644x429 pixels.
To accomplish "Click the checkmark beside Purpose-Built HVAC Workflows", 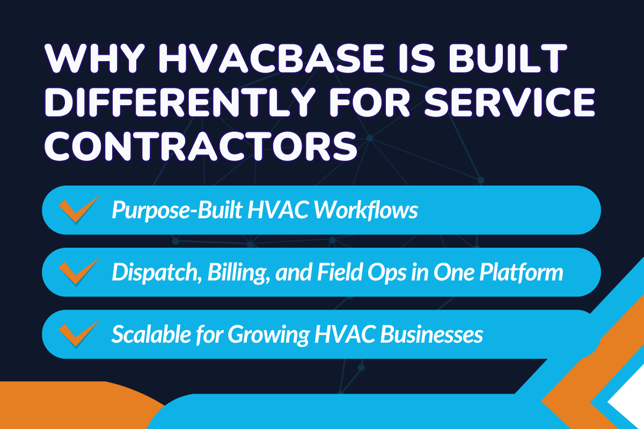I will point(78,210).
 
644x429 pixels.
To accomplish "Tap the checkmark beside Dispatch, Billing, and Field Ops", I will point(78,272).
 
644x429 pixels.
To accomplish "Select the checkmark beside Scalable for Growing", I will point(78,334).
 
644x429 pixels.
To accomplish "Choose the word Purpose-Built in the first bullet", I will point(171,210).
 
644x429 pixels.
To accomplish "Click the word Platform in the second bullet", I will point(519,272).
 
